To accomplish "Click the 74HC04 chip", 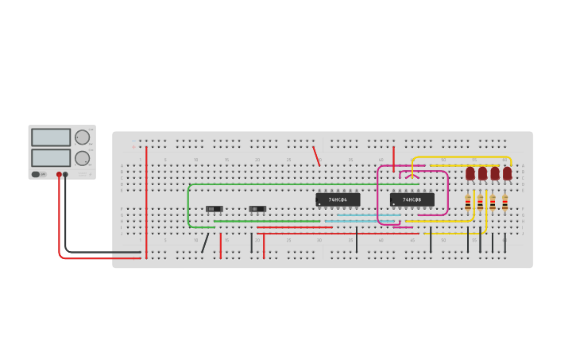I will point(338,199).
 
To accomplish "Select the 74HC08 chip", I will point(412,199).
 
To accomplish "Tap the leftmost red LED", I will point(470,172).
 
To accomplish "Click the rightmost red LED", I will point(507,172).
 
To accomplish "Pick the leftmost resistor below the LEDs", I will point(468,203).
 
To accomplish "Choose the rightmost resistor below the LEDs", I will point(504,203).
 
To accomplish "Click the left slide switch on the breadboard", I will point(214,209).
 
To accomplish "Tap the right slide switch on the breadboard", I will point(257,209).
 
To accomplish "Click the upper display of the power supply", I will point(51,137).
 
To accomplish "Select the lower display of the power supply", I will point(51,157).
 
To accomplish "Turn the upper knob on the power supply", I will point(82,137).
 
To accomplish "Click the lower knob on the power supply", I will point(82,157).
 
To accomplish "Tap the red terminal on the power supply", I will point(59,174).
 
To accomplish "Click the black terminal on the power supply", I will point(65,174).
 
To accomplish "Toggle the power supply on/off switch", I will point(36,174).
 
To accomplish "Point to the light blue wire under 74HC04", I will point(365,215).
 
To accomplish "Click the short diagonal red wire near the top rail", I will point(316,156).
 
